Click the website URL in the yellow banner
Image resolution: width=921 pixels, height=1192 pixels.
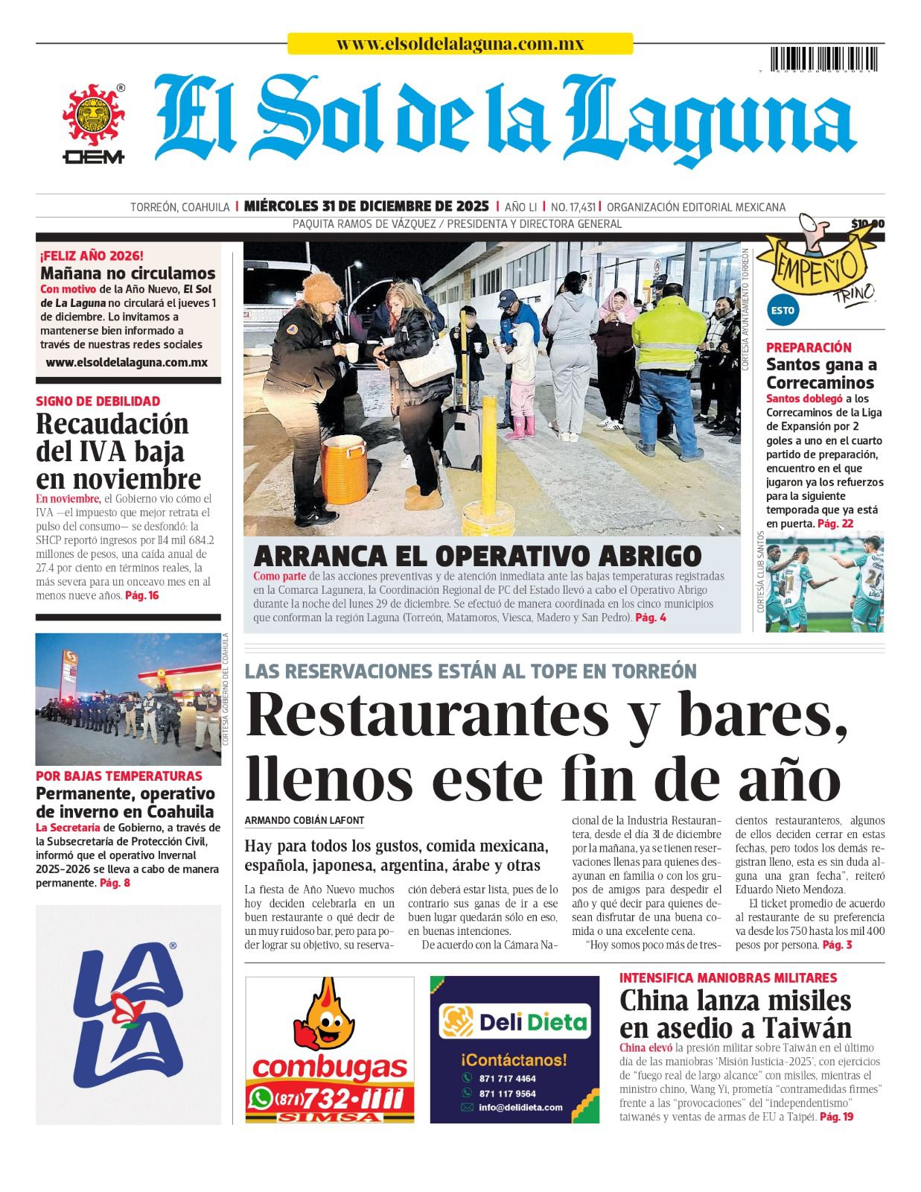(459, 44)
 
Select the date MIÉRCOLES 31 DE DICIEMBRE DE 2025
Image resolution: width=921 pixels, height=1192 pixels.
(366, 206)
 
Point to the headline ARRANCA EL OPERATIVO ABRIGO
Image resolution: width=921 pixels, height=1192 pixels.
(477, 556)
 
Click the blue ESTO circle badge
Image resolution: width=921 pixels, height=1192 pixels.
(783, 310)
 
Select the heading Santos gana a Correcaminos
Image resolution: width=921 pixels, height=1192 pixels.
(820, 374)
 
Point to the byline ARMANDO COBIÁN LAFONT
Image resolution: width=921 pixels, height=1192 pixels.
(305, 820)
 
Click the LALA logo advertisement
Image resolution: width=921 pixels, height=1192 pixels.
(128, 1015)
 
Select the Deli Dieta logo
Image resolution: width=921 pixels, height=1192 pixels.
(514, 1022)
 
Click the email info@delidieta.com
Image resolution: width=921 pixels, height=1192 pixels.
(520, 1107)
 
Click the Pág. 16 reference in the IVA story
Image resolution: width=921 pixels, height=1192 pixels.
(141, 595)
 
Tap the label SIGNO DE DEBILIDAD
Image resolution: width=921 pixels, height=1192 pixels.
(98, 401)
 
